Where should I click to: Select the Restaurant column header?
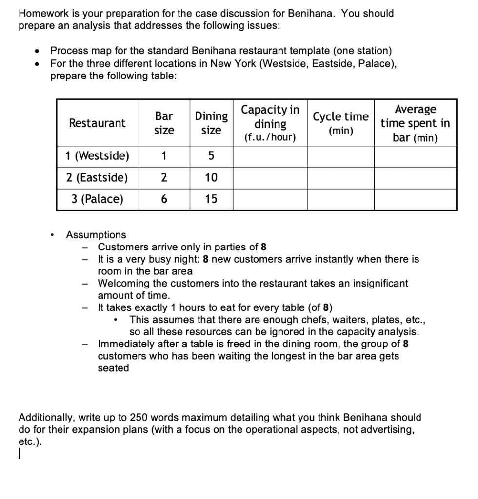pyautogui.click(x=97, y=123)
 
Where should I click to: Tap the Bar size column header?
pyautogui.click(x=164, y=123)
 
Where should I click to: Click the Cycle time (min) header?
pyautogui.click(x=340, y=123)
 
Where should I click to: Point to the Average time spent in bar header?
pyautogui.click(x=415, y=123)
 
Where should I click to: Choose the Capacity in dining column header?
pyautogui.click(x=270, y=123)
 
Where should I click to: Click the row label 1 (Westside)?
pyautogui.click(x=97, y=156)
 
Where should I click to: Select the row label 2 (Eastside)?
pyautogui.click(x=97, y=177)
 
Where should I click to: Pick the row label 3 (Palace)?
pyautogui.click(x=97, y=199)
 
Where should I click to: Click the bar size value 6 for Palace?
pyautogui.click(x=164, y=199)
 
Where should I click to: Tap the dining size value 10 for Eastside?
pyautogui.click(x=211, y=177)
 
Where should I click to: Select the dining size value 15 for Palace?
pyautogui.click(x=211, y=199)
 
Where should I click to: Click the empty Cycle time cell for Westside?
pyautogui.click(x=340, y=156)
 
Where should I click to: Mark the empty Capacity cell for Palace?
pyautogui.click(x=270, y=199)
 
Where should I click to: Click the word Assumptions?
pyautogui.click(x=96, y=235)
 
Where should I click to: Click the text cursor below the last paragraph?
pyautogui.click(x=19, y=454)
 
